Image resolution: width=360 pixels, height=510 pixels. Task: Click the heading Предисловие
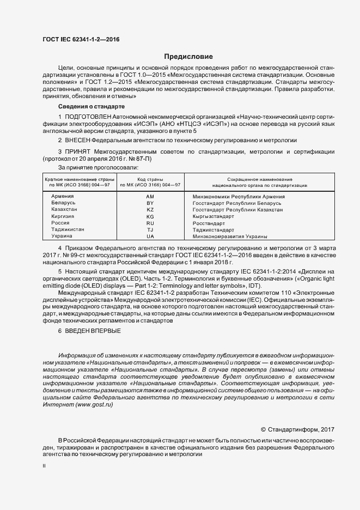pos(188,57)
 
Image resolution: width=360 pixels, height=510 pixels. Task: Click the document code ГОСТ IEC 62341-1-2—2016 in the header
pos(81,40)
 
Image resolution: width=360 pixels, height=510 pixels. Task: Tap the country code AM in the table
pos(150,196)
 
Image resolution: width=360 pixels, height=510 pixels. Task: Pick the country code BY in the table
pos(150,203)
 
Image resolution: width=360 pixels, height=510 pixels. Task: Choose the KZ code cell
pos(150,210)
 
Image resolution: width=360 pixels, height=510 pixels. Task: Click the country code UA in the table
pos(150,236)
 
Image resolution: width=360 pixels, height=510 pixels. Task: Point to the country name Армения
pos(62,196)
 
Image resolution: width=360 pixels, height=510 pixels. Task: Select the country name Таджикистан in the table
pos(68,230)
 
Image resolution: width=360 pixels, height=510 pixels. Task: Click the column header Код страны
pos(150,179)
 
